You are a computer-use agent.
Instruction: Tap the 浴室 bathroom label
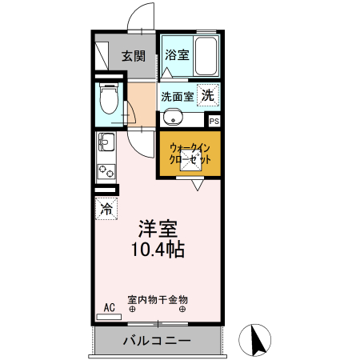click(176, 55)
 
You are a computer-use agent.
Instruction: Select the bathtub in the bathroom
click(206, 56)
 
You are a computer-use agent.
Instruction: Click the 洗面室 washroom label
click(177, 95)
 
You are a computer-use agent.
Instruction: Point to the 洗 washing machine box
click(207, 94)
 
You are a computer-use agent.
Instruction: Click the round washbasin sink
click(173, 118)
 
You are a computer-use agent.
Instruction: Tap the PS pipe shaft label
click(214, 121)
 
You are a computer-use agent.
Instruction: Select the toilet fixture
click(108, 100)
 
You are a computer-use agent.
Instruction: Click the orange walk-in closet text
click(190, 154)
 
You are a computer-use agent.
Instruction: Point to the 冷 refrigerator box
click(106, 209)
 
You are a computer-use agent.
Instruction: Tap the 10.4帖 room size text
click(158, 249)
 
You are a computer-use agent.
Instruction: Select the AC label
click(110, 306)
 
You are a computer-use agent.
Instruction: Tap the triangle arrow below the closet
click(197, 185)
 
